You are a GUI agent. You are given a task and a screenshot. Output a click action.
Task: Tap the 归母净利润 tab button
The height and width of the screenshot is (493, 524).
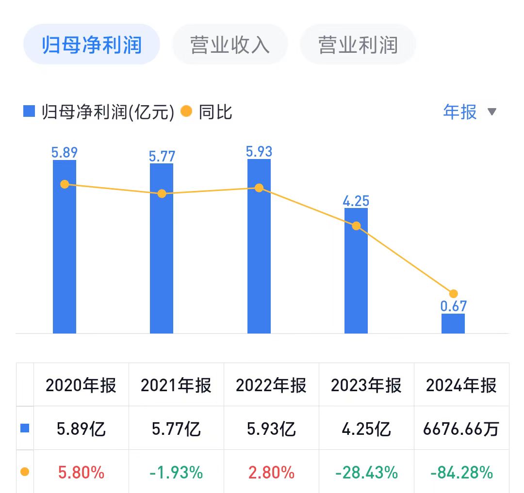pos(92,45)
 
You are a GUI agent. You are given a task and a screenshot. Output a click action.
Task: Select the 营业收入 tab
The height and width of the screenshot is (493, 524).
pos(230,45)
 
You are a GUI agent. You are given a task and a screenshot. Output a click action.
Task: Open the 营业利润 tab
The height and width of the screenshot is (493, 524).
pos(358,45)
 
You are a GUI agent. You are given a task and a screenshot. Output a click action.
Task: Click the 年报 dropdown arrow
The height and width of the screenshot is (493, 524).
pos(492,112)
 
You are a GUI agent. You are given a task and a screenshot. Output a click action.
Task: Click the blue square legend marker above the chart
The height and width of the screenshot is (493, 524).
pos(29,112)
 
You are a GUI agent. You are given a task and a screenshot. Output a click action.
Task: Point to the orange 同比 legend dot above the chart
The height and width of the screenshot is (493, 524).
pos(186,112)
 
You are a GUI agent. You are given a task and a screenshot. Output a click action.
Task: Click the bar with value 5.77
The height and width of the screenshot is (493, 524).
pos(162,248)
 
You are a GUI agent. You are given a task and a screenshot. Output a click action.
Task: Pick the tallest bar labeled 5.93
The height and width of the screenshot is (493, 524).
pos(259,246)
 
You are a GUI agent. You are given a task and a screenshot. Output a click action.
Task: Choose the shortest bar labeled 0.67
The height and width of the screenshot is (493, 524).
pos(453,323)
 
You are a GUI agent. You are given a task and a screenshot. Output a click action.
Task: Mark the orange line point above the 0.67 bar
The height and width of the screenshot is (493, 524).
pos(454,294)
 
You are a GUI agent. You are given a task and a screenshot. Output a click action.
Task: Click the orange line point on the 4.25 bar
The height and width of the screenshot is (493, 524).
pos(356,226)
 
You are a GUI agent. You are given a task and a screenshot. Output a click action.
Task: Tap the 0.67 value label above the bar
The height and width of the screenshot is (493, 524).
pos(453,306)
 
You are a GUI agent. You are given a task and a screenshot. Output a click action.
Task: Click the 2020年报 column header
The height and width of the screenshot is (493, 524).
pos(81,385)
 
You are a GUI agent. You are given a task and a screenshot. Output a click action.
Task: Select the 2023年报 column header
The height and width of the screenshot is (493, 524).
pos(366,385)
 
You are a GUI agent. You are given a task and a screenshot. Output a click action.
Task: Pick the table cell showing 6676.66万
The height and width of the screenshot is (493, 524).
pos(461,429)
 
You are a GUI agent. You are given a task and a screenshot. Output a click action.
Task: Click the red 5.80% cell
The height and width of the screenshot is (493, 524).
pos(81,472)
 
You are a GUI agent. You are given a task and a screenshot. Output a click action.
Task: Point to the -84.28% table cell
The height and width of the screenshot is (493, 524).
pos(461,472)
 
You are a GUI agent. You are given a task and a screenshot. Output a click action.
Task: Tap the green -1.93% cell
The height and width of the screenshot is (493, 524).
pos(176,472)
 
